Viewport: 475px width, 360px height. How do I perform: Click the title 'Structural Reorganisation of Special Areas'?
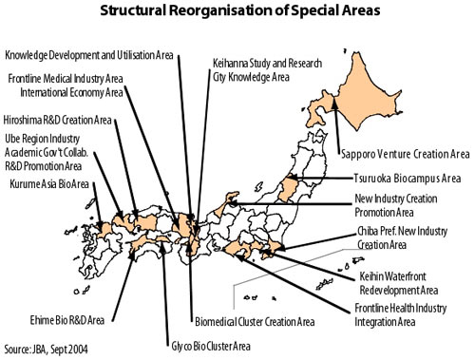(240, 10)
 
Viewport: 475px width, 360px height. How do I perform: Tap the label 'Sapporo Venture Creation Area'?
(405, 154)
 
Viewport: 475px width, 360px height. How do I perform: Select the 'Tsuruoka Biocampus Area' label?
(408, 179)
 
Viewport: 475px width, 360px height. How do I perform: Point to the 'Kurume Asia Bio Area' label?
(49, 184)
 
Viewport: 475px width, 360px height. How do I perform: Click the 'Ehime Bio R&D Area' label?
(67, 320)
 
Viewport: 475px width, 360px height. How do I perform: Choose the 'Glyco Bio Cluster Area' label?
(211, 346)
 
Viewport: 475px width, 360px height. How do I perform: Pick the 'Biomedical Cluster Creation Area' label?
(255, 322)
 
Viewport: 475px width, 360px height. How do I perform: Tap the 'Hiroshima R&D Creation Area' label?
(57, 120)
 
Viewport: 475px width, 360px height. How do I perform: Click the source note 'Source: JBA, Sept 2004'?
(46, 350)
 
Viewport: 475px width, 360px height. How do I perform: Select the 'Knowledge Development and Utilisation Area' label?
(89, 55)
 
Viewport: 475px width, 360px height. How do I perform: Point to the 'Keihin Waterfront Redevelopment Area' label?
(399, 283)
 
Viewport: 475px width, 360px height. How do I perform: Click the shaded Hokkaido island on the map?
(358, 95)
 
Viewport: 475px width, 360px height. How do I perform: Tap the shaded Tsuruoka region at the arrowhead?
(289, 188)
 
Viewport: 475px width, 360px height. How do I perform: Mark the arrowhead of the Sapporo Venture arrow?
(334, 102)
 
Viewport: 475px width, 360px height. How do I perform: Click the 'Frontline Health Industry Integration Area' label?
(401, 314)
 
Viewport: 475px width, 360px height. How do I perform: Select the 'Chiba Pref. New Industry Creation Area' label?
(402, 237)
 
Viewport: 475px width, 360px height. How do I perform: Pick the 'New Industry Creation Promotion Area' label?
(396, 205)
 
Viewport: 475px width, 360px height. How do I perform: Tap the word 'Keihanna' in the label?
(230, 64)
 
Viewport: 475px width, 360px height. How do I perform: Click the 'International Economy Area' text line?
(71, 93)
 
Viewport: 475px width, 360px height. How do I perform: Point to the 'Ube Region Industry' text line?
(42, 139)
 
